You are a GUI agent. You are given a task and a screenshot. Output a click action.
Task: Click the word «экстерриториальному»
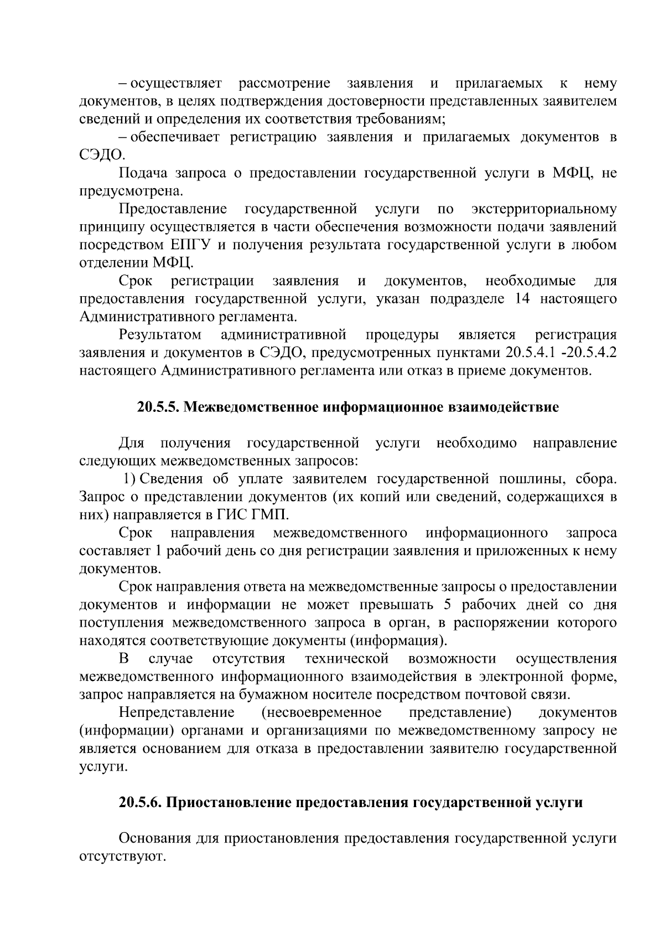[544, 209]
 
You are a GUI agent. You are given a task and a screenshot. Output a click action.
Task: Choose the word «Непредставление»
[177, 712]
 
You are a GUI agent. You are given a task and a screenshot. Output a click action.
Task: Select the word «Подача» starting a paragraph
[143, 173]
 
